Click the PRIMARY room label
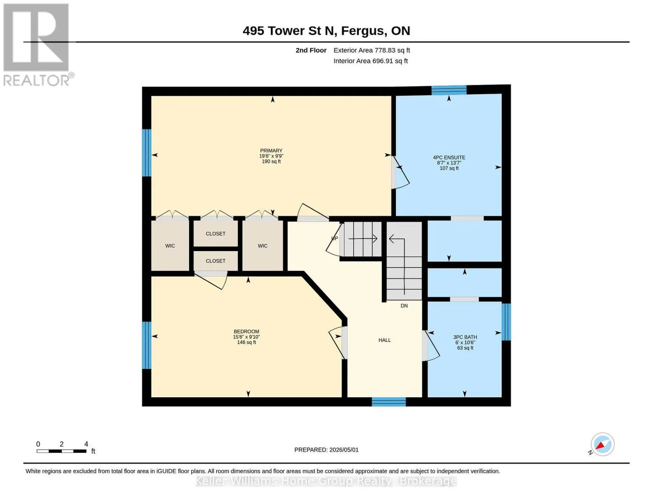[x=271, y=150]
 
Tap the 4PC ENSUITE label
[x=449, y=157]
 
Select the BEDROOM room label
[x=246, y=332]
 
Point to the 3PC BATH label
[x=465, y=337]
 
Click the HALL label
[x=384, y=340]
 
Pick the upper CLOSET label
[x=216, y=234]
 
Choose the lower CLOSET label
[x=216, y=261]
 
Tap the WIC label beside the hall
[x=262, y=246]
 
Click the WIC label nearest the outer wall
[x=170, y=246]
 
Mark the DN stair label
[x=404, y=306]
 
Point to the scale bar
[x=62, y=451]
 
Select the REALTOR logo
[x=37, y=45]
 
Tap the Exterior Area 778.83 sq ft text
[x=372, y=50]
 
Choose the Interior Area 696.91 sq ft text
[x=371, y=61]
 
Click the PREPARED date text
[x=326, y=450]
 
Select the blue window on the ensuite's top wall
[x=449, y=90]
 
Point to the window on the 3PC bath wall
[x=506, y=322]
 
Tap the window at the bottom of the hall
[x=389, y=402]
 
